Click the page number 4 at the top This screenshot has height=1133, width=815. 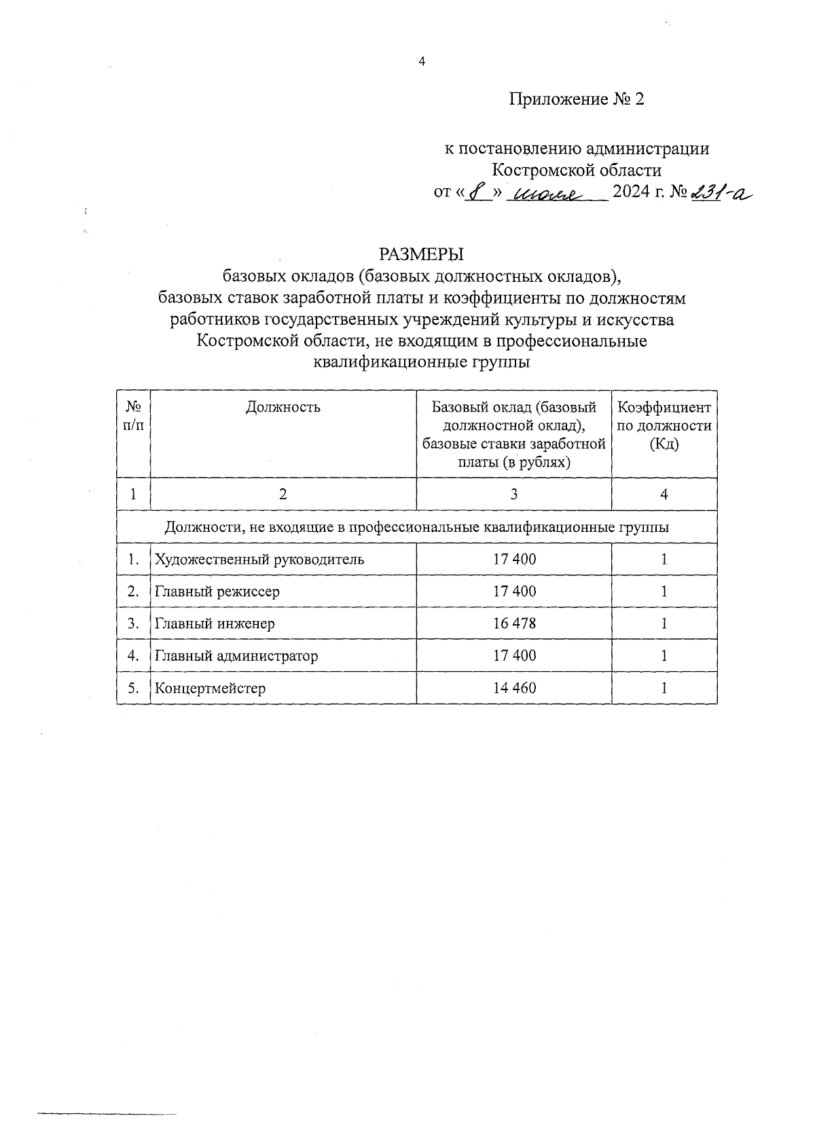click(421, 62)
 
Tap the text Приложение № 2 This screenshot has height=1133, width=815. click(576, 100)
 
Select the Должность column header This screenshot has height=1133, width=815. click(283, 408)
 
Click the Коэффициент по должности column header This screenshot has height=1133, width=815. click(664, 426)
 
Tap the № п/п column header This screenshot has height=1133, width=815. click(133, 416)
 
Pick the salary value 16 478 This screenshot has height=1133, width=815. click(514, 624)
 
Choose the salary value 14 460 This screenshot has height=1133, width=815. click(514, 688)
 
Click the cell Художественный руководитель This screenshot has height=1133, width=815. click(259, 560)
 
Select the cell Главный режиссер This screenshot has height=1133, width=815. click(217, 592)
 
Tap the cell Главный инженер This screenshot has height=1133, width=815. click(215, 624)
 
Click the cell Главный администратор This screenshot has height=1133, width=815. click(236, 656)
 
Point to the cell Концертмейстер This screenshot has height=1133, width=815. click(210, 688)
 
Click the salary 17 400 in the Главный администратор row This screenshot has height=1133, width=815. click(514, 655)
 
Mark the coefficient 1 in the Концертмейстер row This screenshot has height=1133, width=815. click(664, 688)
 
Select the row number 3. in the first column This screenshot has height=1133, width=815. click(134, 624)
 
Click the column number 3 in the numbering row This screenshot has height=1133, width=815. click(514, 494)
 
